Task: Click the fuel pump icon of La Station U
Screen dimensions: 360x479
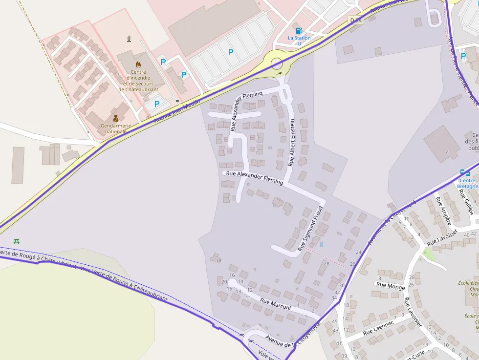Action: pyautogui.click(x=299, y=31)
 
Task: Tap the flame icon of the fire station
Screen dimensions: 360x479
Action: pyautogui.click(x=138, y=64)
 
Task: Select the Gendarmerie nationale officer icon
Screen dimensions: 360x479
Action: pyautogui.click(x=116, y=118)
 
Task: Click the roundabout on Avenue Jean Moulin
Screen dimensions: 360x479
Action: pyautogui.click(x=277, y=63)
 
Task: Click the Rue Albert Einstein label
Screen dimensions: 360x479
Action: pyautogui.click(x=292, y=142)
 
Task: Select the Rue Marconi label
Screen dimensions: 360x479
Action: pyautogui.click(x=275, y=304)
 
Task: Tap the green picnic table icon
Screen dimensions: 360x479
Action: pyautogui.click(x=17, y=241)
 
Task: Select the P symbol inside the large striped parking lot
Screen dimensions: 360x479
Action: pyautogui.click(x=231, y=52)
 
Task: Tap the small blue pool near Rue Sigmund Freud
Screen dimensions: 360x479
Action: pyautogui.click(x=321, y=244)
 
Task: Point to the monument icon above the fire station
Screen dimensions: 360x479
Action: pyautogui.click(x=129, y=39)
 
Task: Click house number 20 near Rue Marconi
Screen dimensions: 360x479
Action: pyautogui.click(x=224, y=282)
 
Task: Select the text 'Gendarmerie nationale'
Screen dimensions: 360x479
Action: pyautogui.click(x=116, y=128)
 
